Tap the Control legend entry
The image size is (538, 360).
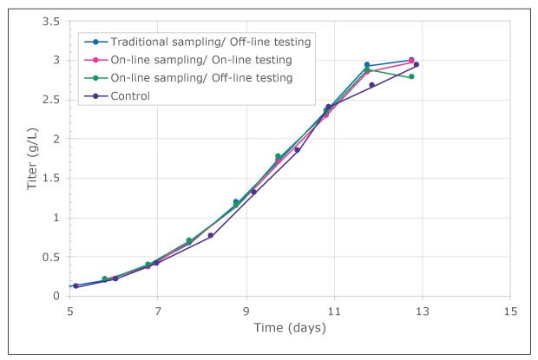[131, 96]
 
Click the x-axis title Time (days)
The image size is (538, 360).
[290, 327]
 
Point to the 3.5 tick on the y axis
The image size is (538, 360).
[51, 21]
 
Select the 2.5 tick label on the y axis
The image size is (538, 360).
[51, 100]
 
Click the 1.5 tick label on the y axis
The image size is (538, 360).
[51, 178]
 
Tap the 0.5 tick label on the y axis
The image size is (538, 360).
[51, 257]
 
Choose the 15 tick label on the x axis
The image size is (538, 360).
[510, 311]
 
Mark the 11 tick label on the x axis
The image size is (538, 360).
[334, 311]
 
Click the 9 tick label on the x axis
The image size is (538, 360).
[246, 311]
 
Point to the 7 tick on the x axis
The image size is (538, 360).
[158, 311]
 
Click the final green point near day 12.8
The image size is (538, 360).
[411, 76]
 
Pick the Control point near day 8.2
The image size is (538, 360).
[211, 235]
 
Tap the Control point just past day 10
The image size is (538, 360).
[297, 150]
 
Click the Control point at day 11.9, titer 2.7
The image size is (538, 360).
[371, 85]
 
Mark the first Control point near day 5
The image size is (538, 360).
[75, 285]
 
